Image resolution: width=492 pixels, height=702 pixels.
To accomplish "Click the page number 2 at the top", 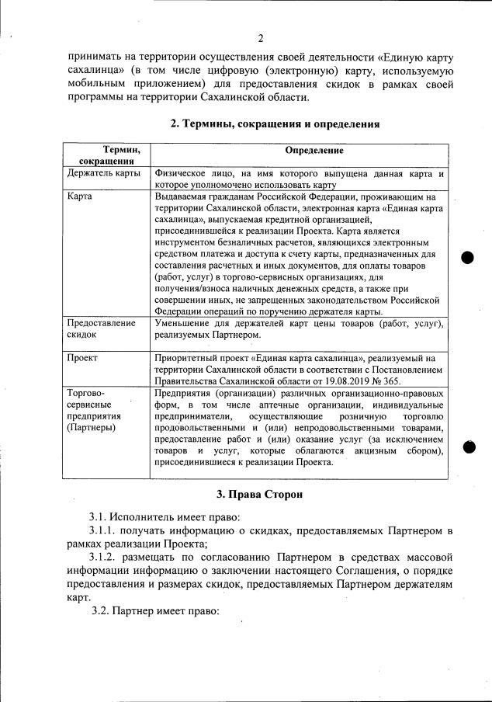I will [261, 39].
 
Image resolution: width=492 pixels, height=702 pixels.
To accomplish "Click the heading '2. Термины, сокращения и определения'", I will [275, 123].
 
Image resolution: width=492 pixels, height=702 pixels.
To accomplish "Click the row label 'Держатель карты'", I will [103, 173].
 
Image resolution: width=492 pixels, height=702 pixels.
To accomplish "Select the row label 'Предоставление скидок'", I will [102, 328].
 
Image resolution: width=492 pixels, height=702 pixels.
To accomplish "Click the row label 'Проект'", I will [84, 359].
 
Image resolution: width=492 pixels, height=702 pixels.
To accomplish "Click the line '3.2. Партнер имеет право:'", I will [156, 611].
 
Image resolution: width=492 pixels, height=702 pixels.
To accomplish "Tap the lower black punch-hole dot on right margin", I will [467, 446].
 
